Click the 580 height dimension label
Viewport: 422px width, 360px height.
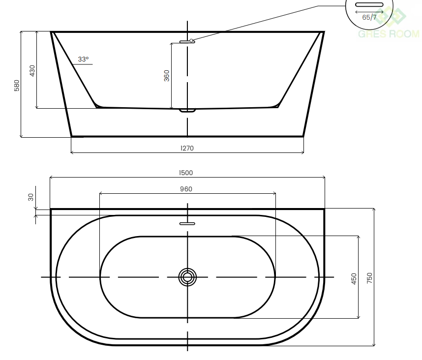click(x=17, y=86)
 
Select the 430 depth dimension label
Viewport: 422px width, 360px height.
click(x=32, y=71)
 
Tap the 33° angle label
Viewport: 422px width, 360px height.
click(x=83, y=59)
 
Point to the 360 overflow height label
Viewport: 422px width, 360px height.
click(x=167, y=76)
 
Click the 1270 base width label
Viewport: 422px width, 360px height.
click(x=187, y=148)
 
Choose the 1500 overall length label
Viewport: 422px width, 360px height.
click(x=186, y=173)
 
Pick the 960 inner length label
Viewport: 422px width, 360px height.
click(x=186, y=189)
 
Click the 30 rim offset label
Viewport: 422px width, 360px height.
click(x=30, y=197)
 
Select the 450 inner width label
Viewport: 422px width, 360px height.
click(x=354, y=278)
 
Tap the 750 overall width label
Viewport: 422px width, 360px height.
click(x=369, y=278)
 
